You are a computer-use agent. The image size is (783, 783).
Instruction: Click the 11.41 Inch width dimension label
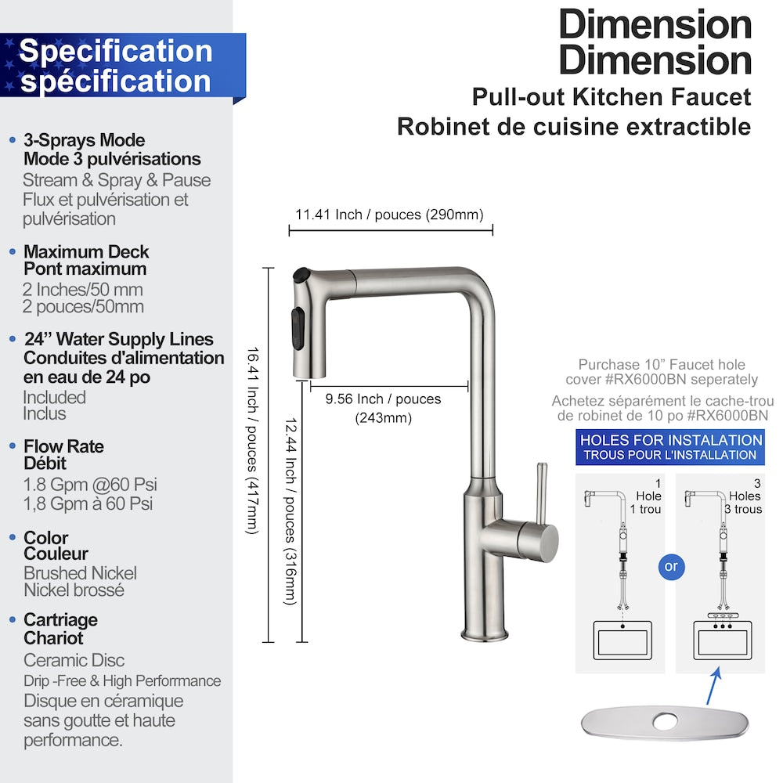pos(389,215)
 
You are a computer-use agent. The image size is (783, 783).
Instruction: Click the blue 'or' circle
pos(671,565)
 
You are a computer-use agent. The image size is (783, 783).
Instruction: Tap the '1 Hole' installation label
pos(648,496)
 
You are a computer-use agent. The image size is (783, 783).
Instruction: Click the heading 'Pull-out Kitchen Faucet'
pos(611,97)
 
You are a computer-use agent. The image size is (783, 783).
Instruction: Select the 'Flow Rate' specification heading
pos(63,446)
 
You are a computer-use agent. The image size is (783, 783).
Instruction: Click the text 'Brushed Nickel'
pos(80,573)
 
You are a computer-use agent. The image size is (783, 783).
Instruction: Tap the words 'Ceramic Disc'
pos(74,660)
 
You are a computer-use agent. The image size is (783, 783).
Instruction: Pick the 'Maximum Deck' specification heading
pos(86,252)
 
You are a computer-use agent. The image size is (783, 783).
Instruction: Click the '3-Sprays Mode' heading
pos(84,140)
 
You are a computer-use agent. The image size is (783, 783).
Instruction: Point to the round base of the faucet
pos(485,631)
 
